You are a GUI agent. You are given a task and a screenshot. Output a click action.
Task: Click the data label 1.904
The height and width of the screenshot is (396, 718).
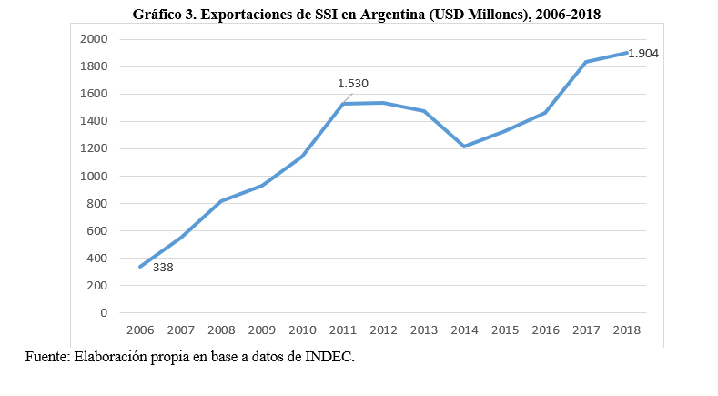642,54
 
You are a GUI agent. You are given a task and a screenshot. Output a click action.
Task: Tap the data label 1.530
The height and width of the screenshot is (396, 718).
352,84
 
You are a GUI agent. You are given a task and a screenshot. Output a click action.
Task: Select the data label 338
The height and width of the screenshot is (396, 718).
163,268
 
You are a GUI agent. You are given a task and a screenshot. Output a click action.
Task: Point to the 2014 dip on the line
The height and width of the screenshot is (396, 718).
464,147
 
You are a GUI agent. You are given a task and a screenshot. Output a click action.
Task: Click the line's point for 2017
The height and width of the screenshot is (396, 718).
586,62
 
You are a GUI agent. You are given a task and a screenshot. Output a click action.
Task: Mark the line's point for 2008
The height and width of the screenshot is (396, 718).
221,201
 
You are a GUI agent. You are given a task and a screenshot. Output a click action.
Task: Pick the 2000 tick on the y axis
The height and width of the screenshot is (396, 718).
94,39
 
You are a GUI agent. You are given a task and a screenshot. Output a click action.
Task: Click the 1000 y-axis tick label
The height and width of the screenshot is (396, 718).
94,176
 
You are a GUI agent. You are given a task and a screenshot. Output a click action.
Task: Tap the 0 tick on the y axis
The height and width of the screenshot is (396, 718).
104,312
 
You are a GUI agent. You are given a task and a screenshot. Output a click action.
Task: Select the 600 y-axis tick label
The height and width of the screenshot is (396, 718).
97,230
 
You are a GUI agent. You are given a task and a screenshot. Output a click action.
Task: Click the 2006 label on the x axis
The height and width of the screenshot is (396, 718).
140,330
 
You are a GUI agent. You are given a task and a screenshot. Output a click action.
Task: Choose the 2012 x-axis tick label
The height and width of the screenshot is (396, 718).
383,330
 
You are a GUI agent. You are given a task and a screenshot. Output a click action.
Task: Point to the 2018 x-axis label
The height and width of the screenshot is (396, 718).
626,330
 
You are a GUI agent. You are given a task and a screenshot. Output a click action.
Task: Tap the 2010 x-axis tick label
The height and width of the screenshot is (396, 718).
302,330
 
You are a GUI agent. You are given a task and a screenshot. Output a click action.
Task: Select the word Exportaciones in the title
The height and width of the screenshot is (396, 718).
245,15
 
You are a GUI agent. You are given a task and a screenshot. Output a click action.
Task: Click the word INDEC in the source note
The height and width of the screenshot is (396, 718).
329,357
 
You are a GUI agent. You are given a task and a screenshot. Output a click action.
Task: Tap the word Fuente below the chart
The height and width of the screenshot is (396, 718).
47,357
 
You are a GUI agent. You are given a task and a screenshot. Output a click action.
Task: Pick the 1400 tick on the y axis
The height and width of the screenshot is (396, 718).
94,121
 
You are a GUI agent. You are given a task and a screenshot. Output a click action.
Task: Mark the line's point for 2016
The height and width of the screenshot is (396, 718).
545,113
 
